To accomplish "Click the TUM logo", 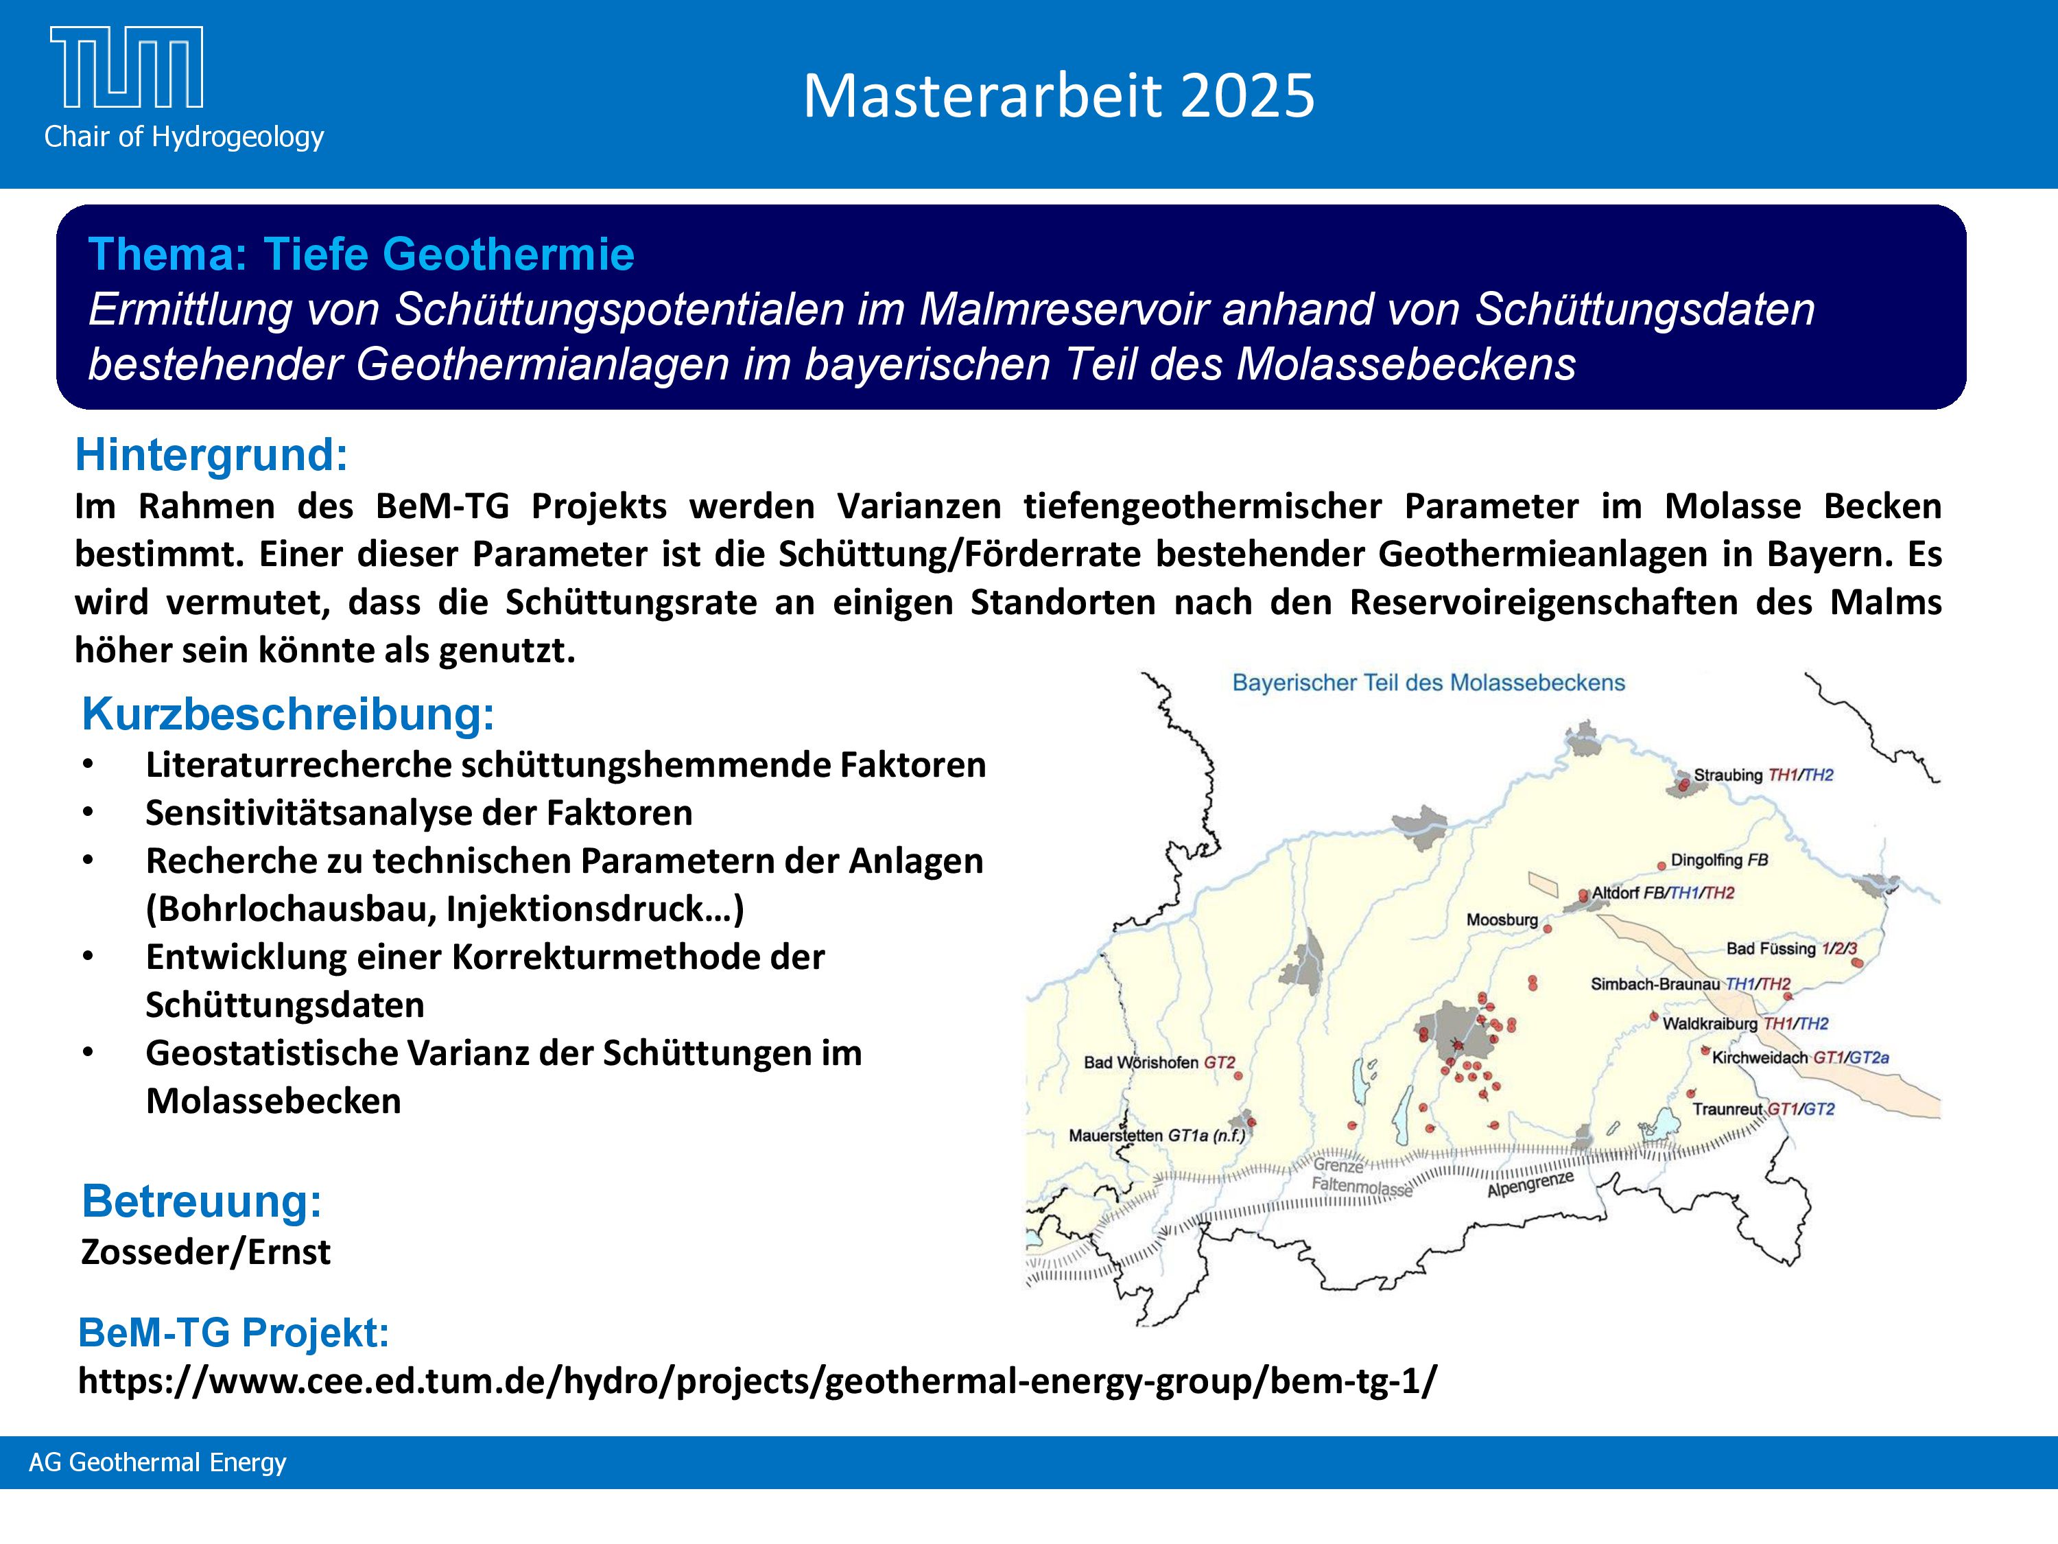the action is point(126,67).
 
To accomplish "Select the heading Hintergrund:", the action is point(211,455).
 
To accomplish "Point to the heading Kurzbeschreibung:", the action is point(288,714).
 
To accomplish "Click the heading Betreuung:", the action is point(202,1201).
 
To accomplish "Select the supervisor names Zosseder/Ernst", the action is point(206,1252).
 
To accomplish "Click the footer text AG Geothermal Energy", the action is point(157,1462).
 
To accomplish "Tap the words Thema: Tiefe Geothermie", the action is point(361,254).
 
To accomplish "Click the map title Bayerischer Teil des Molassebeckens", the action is point(1428,682).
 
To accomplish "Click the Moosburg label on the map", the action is point(1502,920).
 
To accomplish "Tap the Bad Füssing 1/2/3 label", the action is point(1792,948).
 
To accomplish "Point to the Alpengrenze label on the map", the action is point(1530,1184).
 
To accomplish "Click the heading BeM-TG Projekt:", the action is point(233,1333).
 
